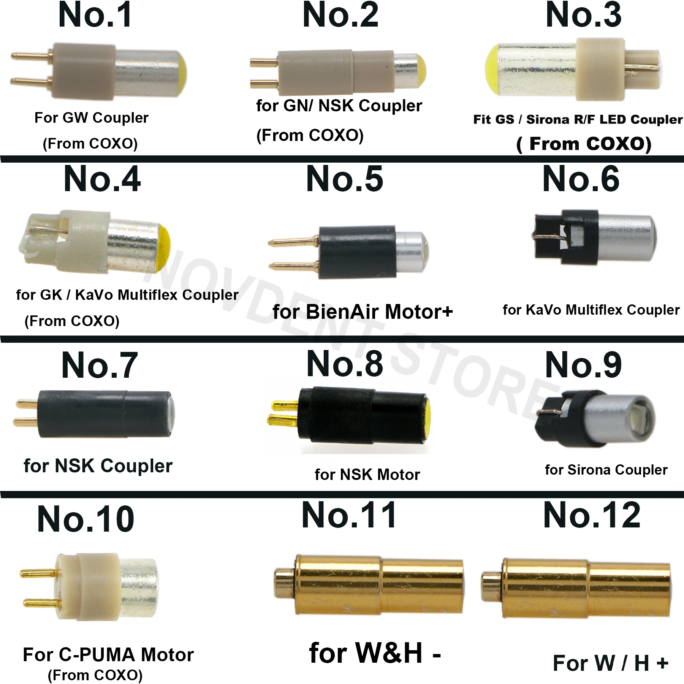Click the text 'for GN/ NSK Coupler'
(339, 106)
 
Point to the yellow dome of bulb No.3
(492, 70)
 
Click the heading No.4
(102, 179)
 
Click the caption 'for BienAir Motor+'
(363, 312)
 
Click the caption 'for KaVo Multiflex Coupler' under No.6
(591, 310)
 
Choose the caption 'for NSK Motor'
(367, 475)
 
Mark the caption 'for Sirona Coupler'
(606, 470)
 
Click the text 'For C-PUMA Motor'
(108, 654)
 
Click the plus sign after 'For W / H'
(662, 663)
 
